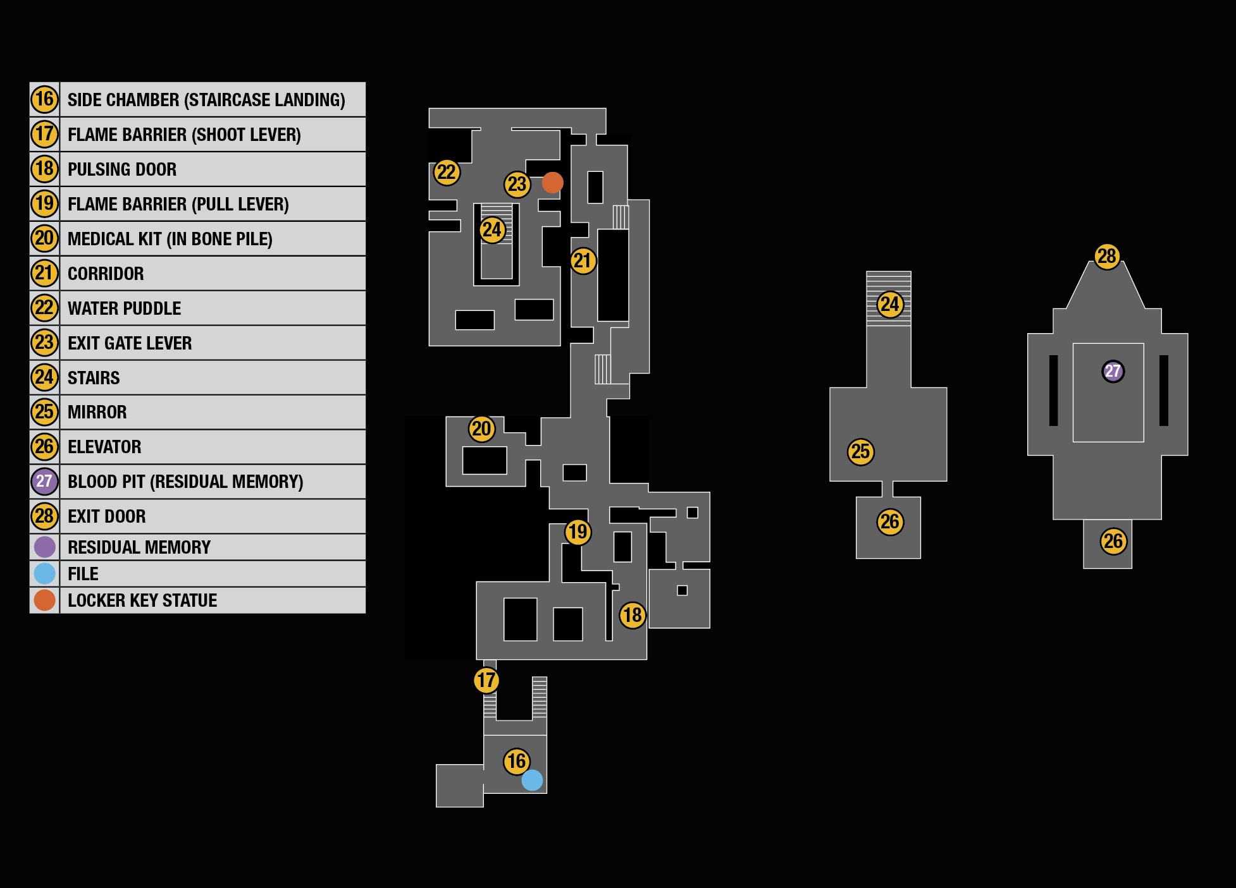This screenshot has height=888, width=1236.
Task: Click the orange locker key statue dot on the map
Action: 552,183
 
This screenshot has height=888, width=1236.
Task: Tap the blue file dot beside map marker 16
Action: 532,780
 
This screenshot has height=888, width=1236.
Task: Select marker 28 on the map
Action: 1107,257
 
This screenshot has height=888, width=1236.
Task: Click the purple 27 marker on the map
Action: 1113,371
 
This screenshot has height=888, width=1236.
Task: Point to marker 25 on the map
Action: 860,452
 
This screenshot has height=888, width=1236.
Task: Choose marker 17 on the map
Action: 486,681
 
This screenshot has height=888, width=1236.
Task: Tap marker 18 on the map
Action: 633,615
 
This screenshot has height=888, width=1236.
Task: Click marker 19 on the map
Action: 578,532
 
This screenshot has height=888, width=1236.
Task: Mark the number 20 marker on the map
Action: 481,429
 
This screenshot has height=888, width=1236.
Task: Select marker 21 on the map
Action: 583,261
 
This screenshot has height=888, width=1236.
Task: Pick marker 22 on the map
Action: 447,172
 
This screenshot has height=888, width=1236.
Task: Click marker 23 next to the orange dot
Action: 517,184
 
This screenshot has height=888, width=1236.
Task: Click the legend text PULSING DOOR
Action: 122,169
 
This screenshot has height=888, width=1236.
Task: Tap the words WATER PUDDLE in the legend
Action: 125,308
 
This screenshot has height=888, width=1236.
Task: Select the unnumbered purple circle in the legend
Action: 45,547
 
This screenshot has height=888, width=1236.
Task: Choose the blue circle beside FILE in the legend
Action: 45,573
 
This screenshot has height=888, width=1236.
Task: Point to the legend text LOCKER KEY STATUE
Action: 142,600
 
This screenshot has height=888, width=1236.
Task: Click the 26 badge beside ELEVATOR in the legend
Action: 44,447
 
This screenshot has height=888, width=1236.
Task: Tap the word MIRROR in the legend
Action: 97,412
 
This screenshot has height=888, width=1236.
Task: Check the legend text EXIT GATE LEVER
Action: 130,343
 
